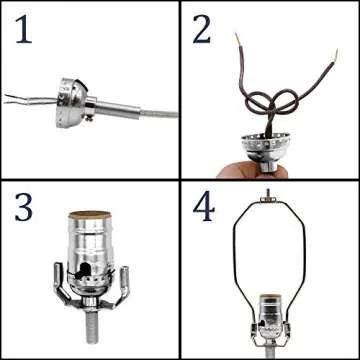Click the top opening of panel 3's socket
[91, 214]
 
